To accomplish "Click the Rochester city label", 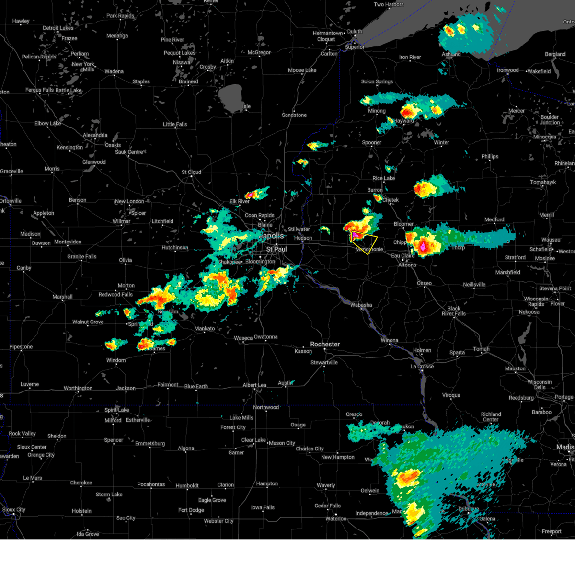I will [x=325, y=344].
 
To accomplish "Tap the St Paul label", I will [x=276, y=249].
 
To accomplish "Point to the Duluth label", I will [x=355, y=32].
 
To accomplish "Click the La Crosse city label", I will [x=422, y=366].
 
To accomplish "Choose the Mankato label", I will [x=205, y=328].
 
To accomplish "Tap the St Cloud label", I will [x=191, y=172].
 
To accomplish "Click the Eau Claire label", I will [x=402, y=256].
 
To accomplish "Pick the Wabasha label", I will [x=361, y=305].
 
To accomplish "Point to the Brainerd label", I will [x=188, y=81].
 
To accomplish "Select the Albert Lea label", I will [x=254, y=385].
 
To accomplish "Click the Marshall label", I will [x=62, y=297].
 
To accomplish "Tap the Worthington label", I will [x=78, y=388].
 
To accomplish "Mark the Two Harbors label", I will [x=389, y=5].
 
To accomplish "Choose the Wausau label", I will [x=551, y=240].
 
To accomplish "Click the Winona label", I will [x=389, y=340].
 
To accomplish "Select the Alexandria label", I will [x=95, y=135].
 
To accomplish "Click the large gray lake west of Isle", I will [x=230, y=96].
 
